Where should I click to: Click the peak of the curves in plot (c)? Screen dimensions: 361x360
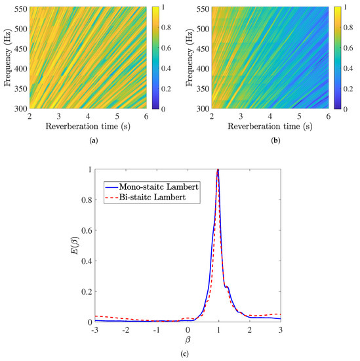click(218, 170)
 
